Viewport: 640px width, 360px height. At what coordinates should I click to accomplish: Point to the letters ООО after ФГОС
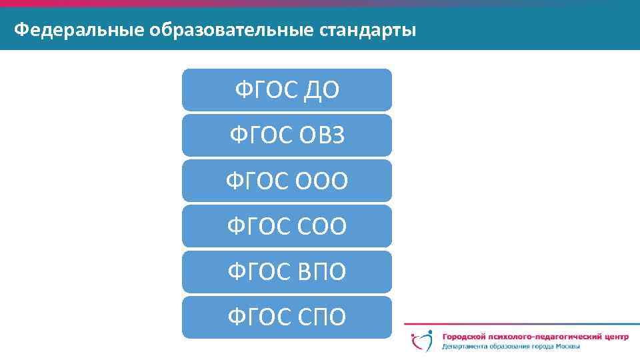[320, 181]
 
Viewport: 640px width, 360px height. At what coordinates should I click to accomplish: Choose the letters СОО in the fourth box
[320, 226]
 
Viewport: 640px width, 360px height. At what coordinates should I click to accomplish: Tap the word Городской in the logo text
[464, 337]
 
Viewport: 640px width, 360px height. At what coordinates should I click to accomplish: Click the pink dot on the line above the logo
[414, 325]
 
